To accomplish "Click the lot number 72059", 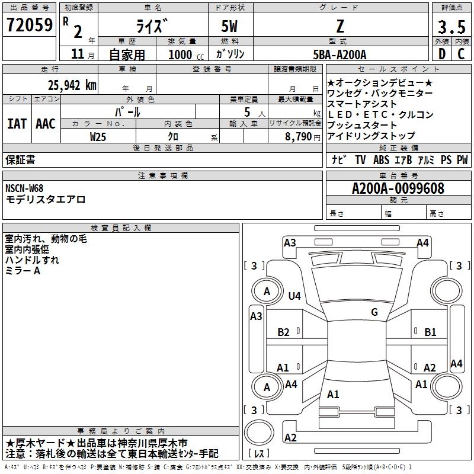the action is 30,25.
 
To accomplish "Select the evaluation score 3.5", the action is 451,27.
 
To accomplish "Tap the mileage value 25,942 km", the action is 72,85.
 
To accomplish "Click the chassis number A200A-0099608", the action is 398,188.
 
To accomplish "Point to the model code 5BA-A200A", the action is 340,55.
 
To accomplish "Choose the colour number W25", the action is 98,137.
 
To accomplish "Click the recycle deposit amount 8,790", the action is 299,137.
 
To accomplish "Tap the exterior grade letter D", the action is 442,54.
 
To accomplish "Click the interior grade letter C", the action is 461,54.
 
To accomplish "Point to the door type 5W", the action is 229,27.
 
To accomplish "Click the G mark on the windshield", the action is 374,312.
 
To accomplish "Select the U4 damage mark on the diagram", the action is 294,296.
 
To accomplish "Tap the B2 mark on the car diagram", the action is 283,332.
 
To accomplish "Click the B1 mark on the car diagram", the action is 430,332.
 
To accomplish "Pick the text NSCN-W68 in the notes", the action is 24,188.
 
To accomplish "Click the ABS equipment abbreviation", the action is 381,159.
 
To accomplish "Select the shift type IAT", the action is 17,124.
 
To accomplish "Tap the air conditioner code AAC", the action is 46,124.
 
